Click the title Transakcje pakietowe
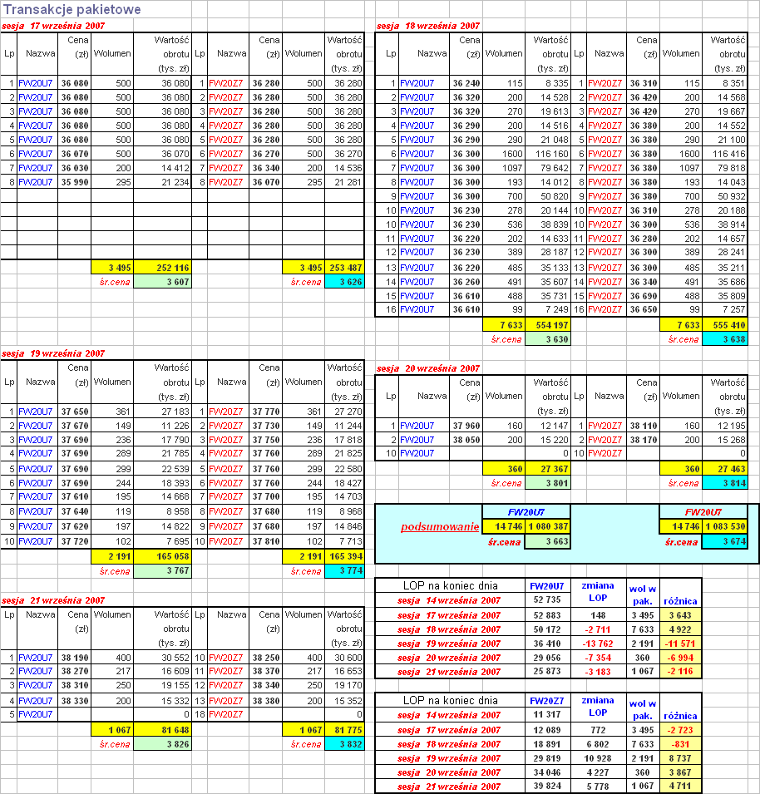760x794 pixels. [72, 10]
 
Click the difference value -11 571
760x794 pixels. [681, 644]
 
